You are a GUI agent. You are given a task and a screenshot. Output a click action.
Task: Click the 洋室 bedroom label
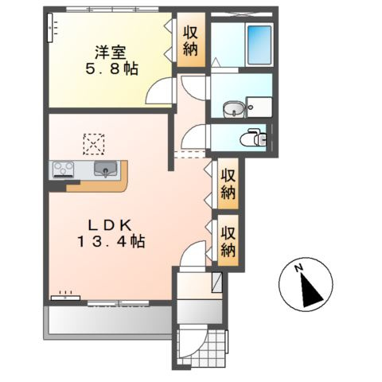click(111, 53)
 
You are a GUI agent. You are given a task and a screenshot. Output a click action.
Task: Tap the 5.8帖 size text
click(111, 69)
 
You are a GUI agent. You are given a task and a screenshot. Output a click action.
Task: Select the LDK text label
click(110, 226)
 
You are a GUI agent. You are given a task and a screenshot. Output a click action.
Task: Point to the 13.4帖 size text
click(111, 242)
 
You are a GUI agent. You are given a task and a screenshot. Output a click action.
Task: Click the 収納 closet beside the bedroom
click(191, 40)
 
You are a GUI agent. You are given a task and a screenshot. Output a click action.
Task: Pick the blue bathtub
click(259, 45)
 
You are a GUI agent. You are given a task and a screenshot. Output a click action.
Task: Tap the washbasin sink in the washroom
click(232, 109)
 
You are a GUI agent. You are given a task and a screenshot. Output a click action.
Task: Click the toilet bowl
click(253, 138)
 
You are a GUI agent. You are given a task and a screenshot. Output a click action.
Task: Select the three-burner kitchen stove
click(64, 169)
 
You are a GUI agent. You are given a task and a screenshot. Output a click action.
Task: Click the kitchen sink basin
click(105, 169)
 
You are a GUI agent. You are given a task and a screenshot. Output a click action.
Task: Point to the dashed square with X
click(94, 144)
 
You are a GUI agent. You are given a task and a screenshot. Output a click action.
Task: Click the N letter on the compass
click(299, 268)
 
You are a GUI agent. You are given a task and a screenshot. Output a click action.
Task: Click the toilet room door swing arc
click(193, 137)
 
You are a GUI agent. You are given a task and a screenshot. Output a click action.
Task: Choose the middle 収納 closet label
click(228, 184)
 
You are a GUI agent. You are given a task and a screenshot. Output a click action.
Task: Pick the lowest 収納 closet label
click(228, 241)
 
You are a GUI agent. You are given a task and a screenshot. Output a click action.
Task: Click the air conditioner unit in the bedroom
click(50, 28)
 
